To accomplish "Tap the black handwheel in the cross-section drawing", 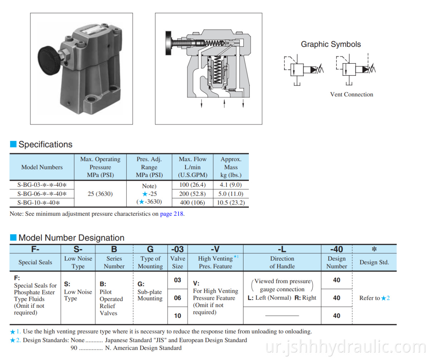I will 168,43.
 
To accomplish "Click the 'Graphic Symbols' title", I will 331,44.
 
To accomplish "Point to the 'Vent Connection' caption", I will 351,94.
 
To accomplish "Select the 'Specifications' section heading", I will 45,145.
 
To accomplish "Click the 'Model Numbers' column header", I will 42,167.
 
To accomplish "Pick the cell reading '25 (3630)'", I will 100,194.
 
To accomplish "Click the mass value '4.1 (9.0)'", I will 231,185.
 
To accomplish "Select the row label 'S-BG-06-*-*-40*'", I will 42,194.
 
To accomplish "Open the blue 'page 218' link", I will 172,214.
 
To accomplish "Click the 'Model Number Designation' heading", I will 71,238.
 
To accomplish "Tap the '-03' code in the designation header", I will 177,249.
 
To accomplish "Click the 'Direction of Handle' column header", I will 282,262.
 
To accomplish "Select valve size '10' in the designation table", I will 177,316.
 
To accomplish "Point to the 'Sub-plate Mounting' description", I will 150,295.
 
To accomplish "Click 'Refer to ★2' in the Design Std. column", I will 374,298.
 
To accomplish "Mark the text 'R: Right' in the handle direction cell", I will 305,298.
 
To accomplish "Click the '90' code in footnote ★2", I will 73,348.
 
